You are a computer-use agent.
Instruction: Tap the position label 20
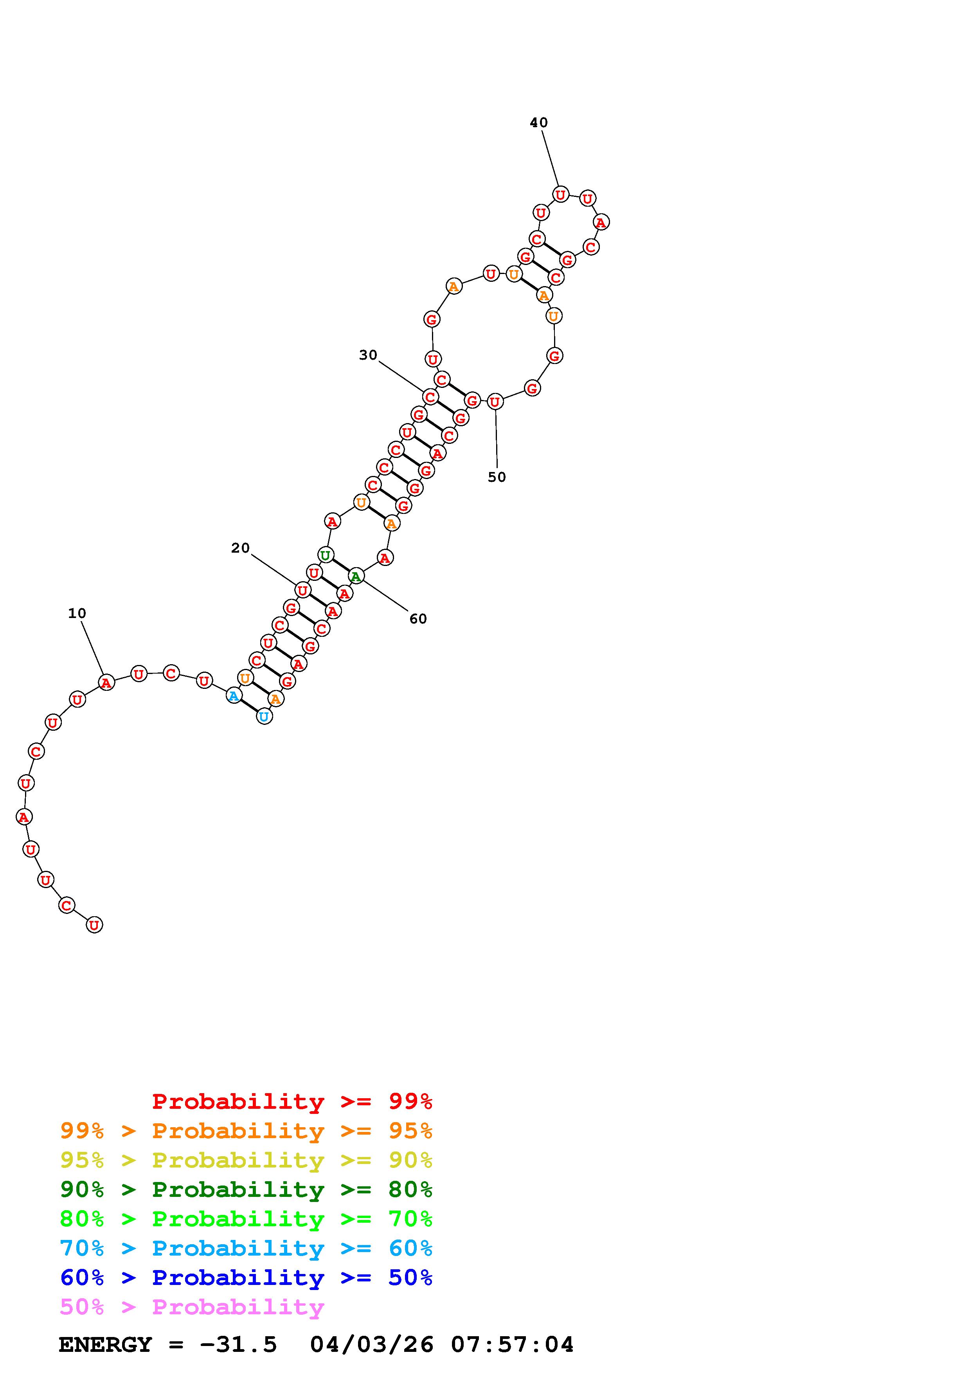click(x=240, y=548)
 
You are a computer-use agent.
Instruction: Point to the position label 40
click(x=538, y=123)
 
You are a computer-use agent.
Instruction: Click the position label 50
click(x=497, y=477)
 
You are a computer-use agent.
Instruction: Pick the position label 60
click(x=418, y=619)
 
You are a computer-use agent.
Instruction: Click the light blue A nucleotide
click(x=234, y=696)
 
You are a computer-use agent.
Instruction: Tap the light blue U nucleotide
click(x=264, y=716)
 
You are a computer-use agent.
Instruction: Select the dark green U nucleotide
click(x=325, y=555)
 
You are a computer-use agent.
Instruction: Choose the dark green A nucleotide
click(x=356, y=577)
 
